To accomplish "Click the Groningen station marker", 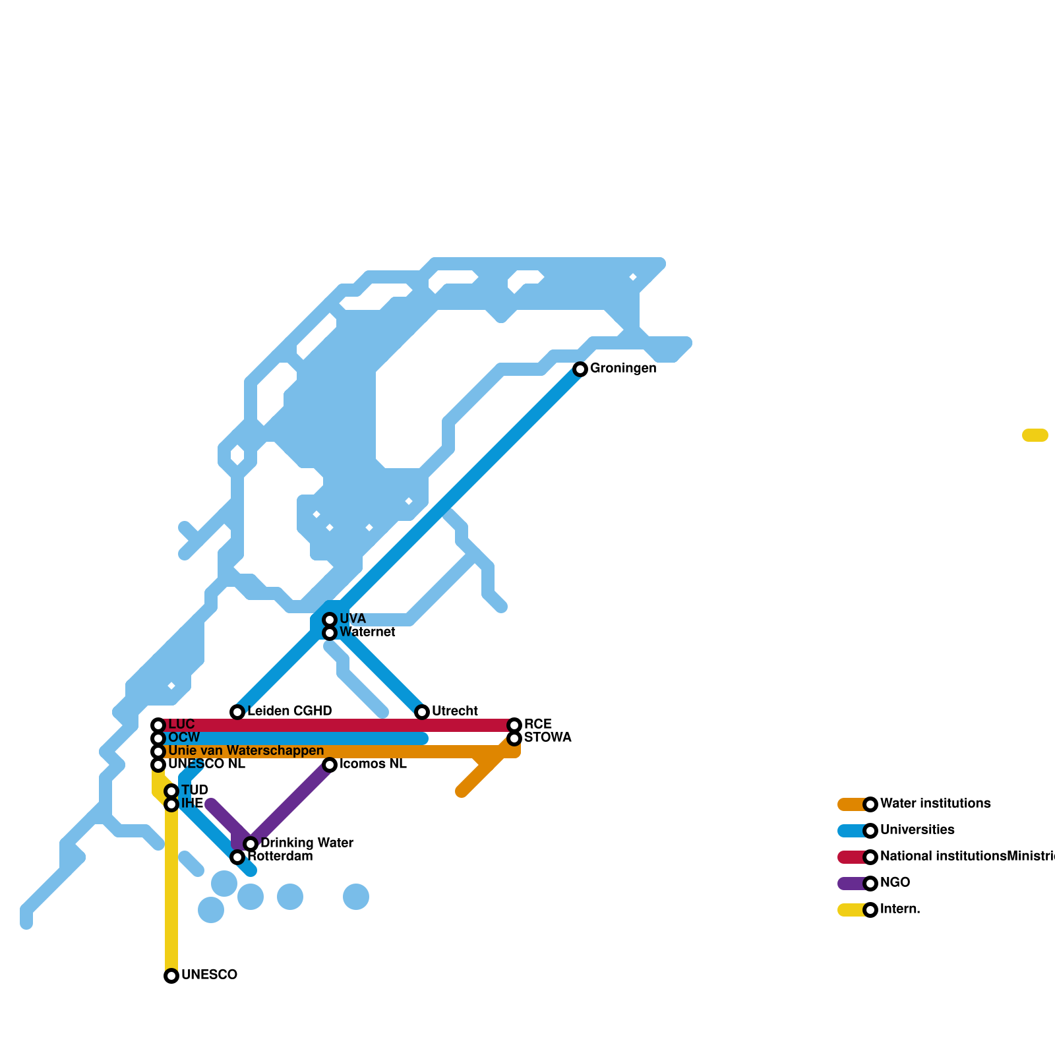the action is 580,369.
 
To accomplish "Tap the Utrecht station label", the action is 454,711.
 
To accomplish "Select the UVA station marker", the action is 330,620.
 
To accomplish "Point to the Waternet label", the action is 367,632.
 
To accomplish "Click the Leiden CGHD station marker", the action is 237,712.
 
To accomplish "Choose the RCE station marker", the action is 514,725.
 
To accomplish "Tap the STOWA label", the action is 547,738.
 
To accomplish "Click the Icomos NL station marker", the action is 330,765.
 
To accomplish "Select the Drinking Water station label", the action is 307,843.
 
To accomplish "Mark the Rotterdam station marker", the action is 237,857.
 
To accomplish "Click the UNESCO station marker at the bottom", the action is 171,976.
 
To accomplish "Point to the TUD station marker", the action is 171,791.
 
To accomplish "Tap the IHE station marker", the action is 171,804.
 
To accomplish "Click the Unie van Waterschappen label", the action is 246,751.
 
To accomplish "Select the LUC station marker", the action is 158,725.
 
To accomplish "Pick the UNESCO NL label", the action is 206,764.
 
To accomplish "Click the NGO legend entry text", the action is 895,883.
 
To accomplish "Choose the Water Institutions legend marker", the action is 870,804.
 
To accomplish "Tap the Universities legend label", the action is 917,830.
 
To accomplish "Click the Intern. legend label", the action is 900,909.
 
